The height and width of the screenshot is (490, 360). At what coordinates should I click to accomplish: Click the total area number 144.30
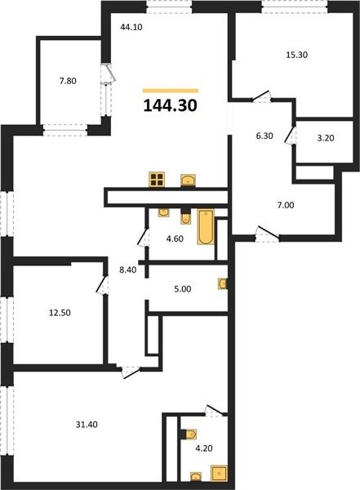coord(171,105)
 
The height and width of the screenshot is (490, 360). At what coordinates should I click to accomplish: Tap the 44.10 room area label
coord(131,27)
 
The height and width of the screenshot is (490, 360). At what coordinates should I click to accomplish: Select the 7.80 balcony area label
coord(68,81)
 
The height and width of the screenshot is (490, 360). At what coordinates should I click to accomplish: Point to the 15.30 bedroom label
coord(297,55)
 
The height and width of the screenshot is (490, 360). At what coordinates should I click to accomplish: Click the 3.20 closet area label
coord(326,138)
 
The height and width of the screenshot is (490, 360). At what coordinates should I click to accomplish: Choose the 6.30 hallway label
coord(264,136)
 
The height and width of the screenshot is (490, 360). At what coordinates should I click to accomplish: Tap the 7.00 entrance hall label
coord(286,205)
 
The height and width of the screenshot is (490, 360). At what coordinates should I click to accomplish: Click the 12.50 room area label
coord(60,313)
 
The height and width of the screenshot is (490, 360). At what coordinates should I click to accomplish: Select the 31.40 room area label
coord(87,425)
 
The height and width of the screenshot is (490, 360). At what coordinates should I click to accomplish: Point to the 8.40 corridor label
coord(128,269)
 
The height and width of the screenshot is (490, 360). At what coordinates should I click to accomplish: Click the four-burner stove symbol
coord(157,180)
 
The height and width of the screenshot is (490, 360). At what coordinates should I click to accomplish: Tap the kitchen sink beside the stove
coord(188,180)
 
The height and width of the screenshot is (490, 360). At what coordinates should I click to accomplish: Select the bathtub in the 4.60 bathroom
coord(206,227)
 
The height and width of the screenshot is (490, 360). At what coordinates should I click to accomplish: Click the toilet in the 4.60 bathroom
coord(185,218)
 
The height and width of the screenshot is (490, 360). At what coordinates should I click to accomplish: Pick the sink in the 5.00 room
coord(223,283)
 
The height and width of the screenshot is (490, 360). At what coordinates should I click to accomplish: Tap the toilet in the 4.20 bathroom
coord(190,434)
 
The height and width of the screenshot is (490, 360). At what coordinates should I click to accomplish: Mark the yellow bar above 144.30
coord(171,91)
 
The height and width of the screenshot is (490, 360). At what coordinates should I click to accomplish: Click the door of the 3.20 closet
coord(291,135)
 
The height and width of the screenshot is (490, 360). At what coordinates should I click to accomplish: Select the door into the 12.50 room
coord(102,284)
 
